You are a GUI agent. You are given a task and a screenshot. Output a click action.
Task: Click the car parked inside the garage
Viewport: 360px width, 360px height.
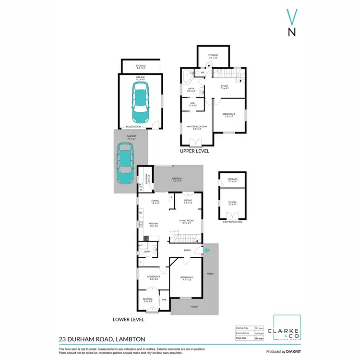[141, 102]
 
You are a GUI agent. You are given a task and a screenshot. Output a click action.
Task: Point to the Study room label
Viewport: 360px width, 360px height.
[224, 87]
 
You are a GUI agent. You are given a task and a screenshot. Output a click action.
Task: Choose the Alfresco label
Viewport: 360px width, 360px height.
[177, 179]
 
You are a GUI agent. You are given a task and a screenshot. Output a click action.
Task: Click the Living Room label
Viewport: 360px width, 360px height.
[186, 222]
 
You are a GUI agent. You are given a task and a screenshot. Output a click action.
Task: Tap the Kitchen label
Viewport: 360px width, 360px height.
[154, 224]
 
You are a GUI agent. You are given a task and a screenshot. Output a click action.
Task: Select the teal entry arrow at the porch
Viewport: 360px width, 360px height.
[206, 250]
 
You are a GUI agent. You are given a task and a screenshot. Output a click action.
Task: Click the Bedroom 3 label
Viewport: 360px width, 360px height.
[186, 278]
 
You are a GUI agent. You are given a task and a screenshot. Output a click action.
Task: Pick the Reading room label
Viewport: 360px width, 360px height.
[148, 300]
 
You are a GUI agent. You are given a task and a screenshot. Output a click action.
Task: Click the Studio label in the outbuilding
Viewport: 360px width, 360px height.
[232, 204]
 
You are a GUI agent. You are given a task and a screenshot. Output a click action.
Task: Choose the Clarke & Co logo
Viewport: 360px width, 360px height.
[287, 330]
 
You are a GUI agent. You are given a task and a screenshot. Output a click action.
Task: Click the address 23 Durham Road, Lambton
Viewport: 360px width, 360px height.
[102, 339]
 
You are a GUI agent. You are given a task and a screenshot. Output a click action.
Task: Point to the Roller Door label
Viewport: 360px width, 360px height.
[133, 126]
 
